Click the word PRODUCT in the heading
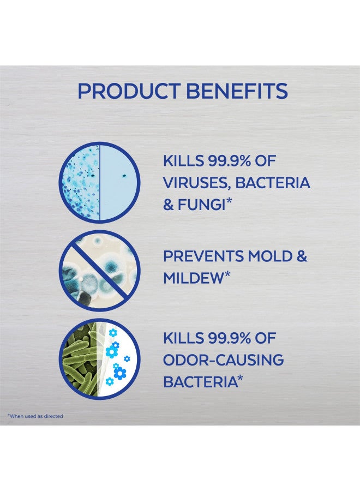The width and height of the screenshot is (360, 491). [129, 91]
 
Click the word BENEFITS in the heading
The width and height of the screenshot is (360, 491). [237, 91]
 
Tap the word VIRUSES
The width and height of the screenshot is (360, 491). [196, 183]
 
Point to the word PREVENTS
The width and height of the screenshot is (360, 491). [203, 256]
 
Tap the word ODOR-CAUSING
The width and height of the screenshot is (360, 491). [224, 360]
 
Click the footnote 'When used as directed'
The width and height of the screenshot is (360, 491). [35, 416]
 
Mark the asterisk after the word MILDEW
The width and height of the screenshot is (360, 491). [228, 275]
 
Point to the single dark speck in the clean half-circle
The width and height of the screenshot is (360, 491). [124, 176]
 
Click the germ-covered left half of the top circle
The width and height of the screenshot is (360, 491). [81, 183]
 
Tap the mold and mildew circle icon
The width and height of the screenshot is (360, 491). [99, 271]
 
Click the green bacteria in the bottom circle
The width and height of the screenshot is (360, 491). [80, 360]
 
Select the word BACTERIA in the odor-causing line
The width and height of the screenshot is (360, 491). [200, 382]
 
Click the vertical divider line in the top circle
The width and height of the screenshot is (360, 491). [100, 183]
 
